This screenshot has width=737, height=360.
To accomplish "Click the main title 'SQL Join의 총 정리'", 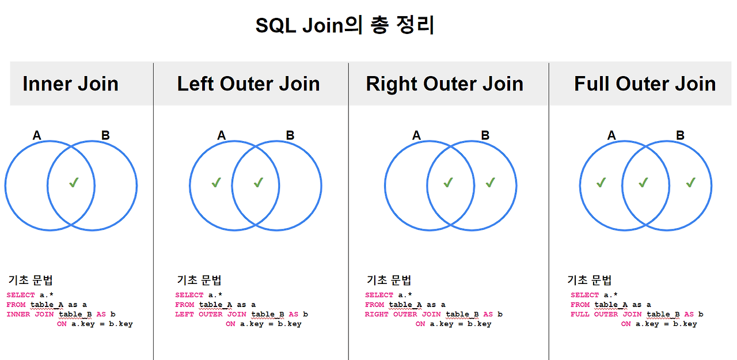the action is click(x=345, y=26).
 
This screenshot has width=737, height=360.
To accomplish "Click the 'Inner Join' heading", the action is click(x=70, y=84).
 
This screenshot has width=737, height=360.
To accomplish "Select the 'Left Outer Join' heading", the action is click(x=248, y=84).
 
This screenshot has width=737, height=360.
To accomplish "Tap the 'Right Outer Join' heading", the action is click(x=445, y=84).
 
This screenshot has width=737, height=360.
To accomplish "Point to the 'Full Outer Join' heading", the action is click(x=644, y=84).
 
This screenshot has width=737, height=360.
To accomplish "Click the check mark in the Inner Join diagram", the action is click(x=74, y=183).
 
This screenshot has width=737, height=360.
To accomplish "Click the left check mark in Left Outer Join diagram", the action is click(x=216, y=183).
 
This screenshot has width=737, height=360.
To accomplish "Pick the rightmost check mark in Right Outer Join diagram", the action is click(x=491, y=183).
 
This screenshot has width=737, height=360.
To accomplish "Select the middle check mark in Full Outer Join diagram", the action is click(x=644, y=183).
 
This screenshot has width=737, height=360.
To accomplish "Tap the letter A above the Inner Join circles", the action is click(x=37, y=136).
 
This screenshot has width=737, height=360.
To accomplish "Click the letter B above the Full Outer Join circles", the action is click(x=680, y=136).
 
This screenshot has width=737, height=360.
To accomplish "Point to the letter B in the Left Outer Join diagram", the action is click(x=290, y=136).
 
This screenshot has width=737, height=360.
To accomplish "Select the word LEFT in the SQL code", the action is click(x=185, y=314).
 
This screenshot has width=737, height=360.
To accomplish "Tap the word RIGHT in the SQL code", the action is click(x=377, y=314).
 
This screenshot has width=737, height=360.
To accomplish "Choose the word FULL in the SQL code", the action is click(x=580, y=314).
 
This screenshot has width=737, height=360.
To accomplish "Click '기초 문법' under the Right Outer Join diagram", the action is click(x=389, y=281).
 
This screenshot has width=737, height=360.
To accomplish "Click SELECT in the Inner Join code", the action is click(x=21, y=295).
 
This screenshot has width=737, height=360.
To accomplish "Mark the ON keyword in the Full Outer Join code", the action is click(x=626, y=324).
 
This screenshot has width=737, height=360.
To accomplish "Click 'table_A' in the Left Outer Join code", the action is click(x=215, y=305).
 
